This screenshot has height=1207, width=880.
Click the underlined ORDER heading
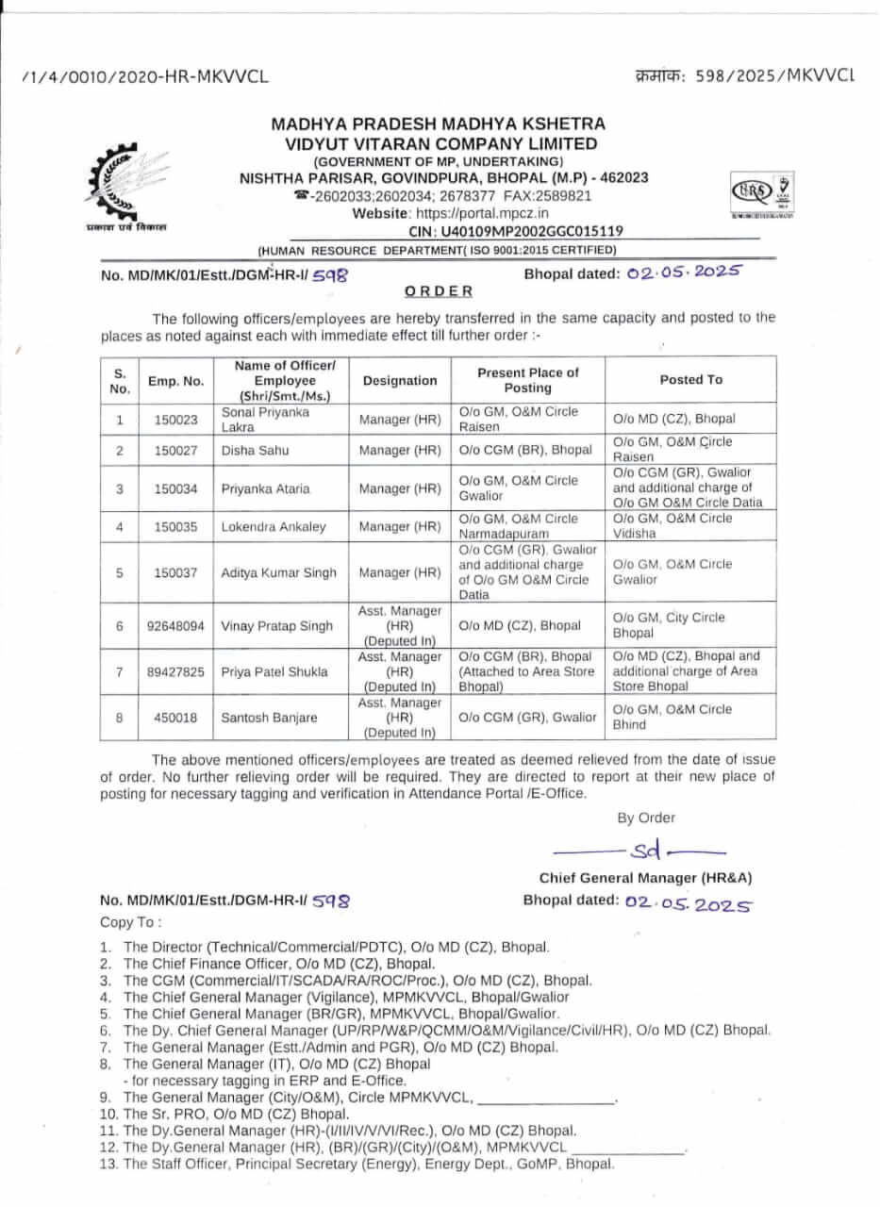[x=439, y=291]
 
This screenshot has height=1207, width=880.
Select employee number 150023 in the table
[x=176, y=420]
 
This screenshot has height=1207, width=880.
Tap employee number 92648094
[x=176, y=626]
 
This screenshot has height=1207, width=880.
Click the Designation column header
[x=400, y=381]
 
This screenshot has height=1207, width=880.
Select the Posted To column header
[x=690, y=380]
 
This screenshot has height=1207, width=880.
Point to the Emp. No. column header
[x=176, y=381]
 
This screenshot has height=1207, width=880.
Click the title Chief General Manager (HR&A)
[x=645, y=878]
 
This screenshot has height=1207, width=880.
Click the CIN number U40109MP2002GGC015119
[x=515, y=231]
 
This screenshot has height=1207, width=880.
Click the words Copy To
[x=131, y=921]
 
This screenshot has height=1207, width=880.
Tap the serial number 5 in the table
[x=120, y=572]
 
